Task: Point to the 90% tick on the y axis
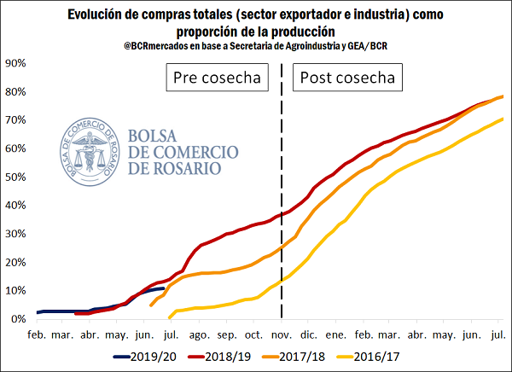(x=15, y=63)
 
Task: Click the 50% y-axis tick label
(x=15, y=177)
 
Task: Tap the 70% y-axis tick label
(x=15, y=120)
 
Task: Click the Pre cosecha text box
(x=216, y=78)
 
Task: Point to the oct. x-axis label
(x=254, y=334)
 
